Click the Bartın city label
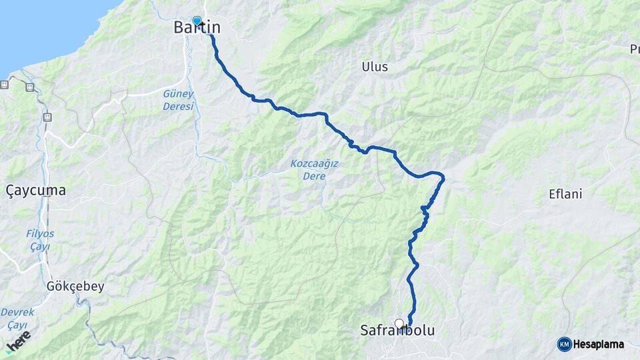(x=197, y=28)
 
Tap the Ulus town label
(x=374, y=67)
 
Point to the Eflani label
(x=565, y=195)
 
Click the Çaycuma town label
(x=36, y=191)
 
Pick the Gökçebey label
(x=75, y=287)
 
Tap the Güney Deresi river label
(x=178, y=100)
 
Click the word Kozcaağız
(x=314, y=164)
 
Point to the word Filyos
(x=41, y=234)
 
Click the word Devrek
(x=17, y=312)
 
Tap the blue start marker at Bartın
(x=197, y=21)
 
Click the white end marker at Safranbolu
(x=399, y=324)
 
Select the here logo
(x=18, y=341)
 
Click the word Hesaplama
(x=599, y=345)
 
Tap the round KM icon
(x=564, y=345)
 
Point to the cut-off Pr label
(x=634, y=49)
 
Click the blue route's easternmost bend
(x=443, y=177)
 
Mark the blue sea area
(x=40, y=27)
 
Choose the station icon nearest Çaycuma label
(x=47, y=117)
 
